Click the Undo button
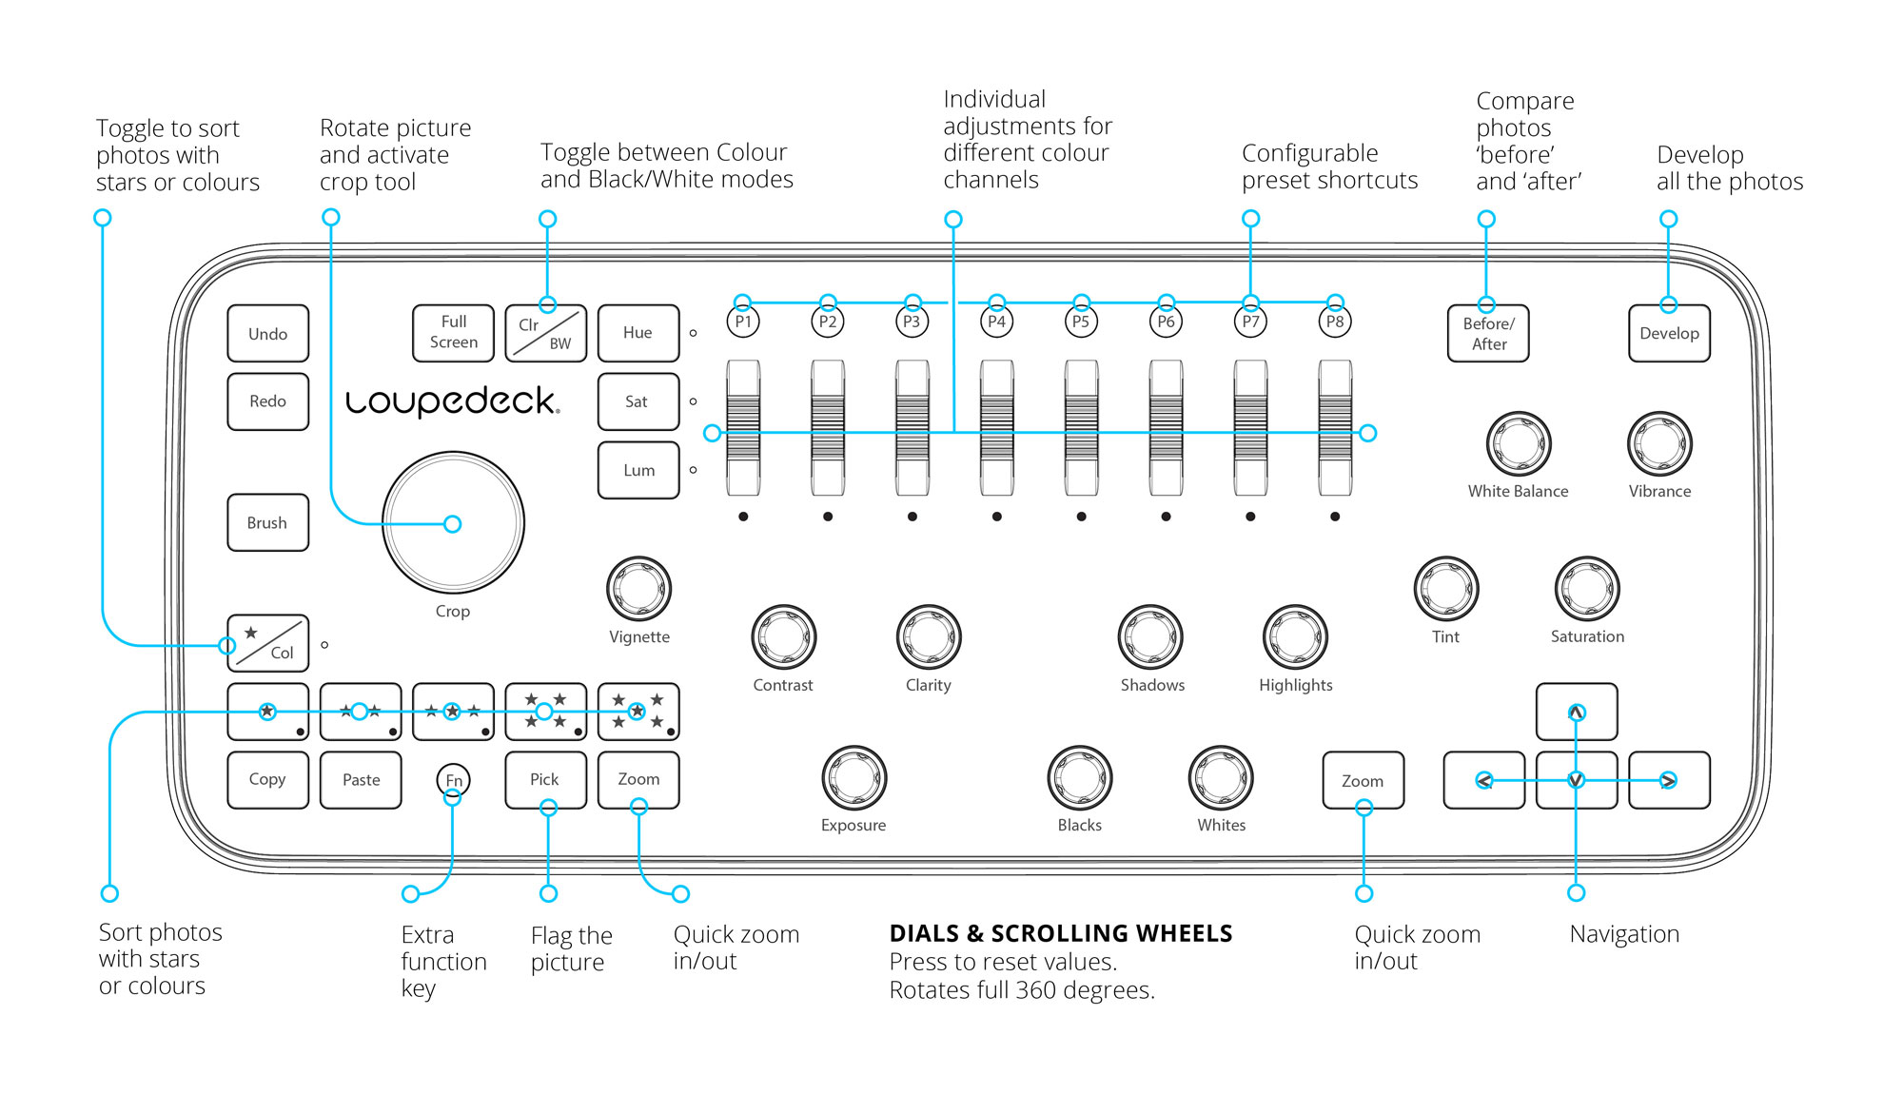(268, 333)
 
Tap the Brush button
(268, 522)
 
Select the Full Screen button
(453, 333)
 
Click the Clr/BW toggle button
(545, 333)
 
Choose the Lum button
(638, 470)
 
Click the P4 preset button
(996, 322)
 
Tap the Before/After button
(1488, 333)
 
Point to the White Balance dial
(1519, 443)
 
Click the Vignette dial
(639, 589)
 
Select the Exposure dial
(854, 778)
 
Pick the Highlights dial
(1295, 636)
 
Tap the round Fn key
(454, 780)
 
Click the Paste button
(361, 780)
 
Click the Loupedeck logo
(453, 401)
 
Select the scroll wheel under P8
(1335, 428)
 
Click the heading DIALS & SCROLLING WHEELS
(1061, 933)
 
